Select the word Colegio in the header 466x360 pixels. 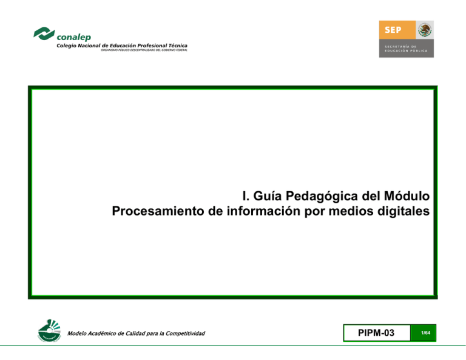[68, 46]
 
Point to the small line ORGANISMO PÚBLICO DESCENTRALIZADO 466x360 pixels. [144, 50]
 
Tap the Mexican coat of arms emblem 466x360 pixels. [425, 29]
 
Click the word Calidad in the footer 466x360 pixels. [133, 333]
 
